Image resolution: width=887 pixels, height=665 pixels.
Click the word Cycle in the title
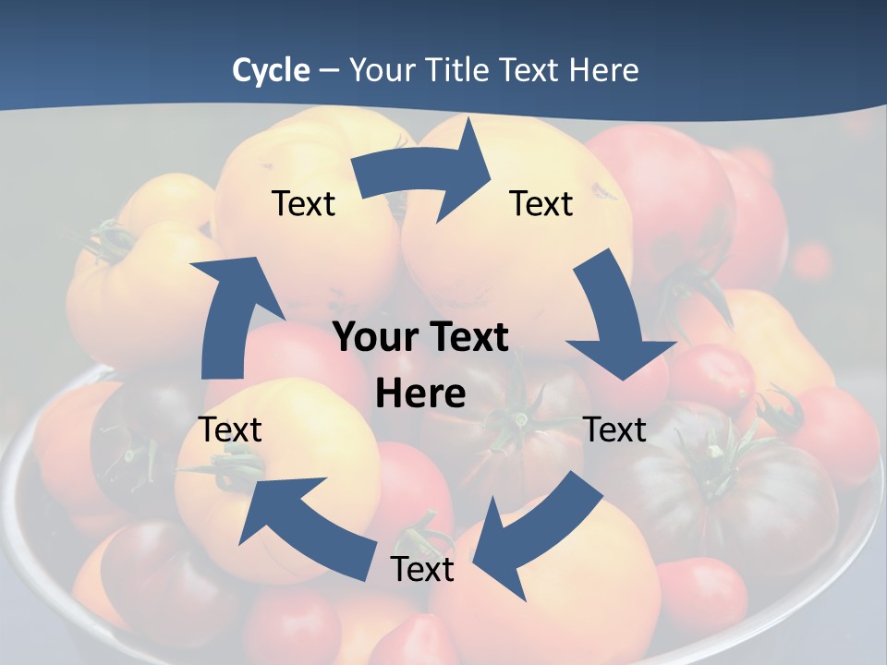point(271,70)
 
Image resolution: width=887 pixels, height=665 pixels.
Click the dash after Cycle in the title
point(330,71)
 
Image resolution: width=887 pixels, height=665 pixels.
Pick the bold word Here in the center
point(420,394)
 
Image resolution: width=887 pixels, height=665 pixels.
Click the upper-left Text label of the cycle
point(303,203)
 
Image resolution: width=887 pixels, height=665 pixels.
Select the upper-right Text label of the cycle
point(541,203)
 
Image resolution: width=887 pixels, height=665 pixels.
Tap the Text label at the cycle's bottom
point(422,569)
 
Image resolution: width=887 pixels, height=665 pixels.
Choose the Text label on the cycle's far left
point(231,429)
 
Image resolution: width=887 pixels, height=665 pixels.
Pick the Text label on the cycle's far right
point(614,429)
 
